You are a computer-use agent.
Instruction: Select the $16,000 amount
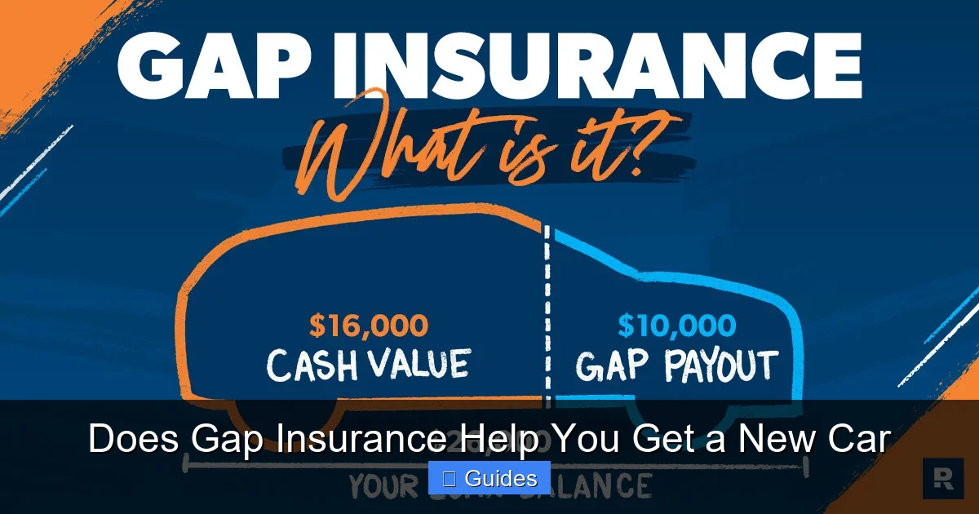369,326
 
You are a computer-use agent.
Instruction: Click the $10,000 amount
676,326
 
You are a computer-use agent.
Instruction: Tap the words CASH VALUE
369,364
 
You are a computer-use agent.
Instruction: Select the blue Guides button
489,478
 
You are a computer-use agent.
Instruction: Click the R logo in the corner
942,479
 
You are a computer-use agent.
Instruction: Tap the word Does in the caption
135,440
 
